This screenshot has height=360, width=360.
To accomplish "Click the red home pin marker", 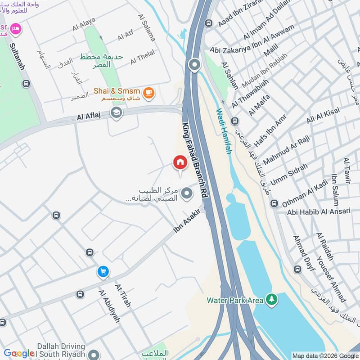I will (180, 162).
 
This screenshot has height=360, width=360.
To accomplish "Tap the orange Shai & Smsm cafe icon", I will (148, 93).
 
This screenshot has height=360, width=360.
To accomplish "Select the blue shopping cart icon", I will (103, 271).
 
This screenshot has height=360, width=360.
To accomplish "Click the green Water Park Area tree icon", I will (271, 299).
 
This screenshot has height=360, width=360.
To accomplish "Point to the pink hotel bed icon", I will (16, 29).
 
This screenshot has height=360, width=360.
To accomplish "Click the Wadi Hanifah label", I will (224, 131).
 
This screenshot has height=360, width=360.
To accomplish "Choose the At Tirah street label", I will (123, 295).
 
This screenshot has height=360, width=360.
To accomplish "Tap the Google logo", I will (18, 354).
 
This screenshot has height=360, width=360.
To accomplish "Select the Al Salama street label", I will (147, 27).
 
